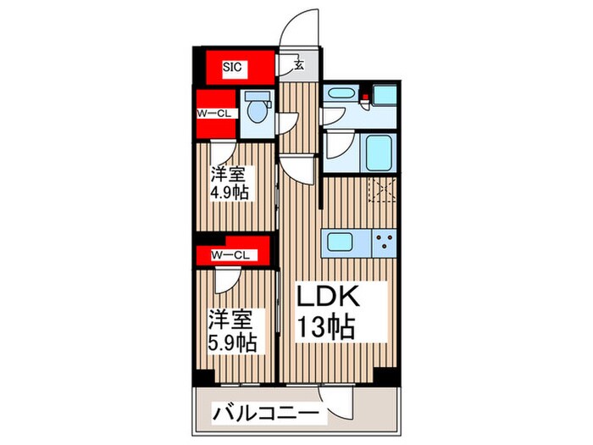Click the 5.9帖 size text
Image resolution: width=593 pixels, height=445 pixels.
[231, 344]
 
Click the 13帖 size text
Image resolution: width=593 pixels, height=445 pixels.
[324, 326]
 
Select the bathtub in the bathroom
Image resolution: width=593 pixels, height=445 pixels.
[373, 153]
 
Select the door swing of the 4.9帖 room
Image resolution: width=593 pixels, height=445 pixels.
[223, 152]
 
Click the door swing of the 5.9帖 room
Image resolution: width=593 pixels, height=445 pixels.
[226, 279]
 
